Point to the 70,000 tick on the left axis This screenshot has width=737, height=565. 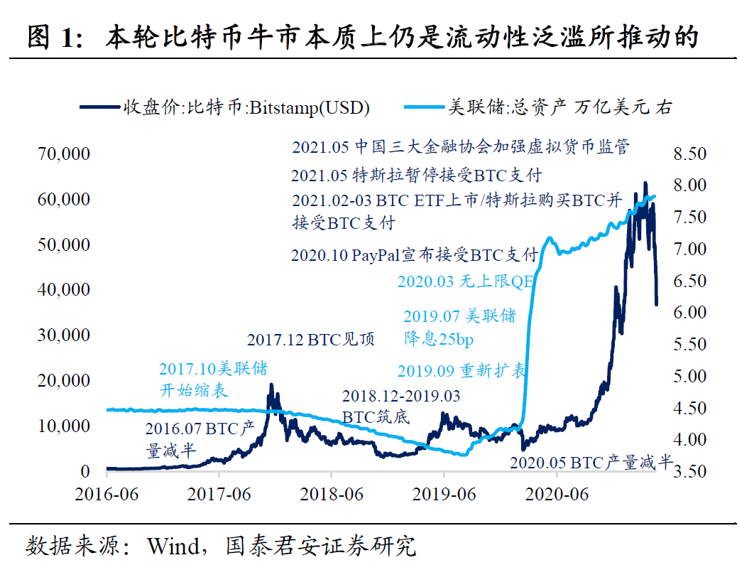[63, 154]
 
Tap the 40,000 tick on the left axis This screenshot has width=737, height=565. [63, 289]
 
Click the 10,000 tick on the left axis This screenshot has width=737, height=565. [63, 426]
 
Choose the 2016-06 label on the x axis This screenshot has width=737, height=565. [107, 494]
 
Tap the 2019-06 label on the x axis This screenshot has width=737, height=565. [444, 494]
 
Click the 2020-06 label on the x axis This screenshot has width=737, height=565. [557, 494]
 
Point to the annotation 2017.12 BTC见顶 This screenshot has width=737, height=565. [310, 339]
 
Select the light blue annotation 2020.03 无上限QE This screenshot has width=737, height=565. [465, 281]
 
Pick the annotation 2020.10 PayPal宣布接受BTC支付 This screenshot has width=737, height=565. [414, 255]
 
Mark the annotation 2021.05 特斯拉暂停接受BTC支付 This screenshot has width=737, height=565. [416, 175]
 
